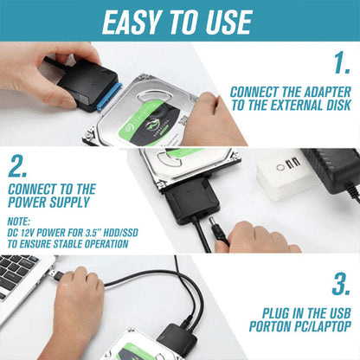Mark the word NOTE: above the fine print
tap(20, 221)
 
